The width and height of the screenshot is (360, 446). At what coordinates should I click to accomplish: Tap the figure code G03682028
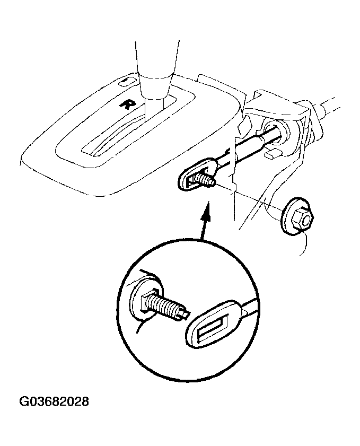(x=54, y=401)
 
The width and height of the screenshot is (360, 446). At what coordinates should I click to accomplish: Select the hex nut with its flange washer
(x=297, y=217)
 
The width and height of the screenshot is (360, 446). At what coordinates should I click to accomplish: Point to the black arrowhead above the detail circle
(x=206, y=208)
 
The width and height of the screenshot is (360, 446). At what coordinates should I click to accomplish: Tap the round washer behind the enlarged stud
(x=146, y=302)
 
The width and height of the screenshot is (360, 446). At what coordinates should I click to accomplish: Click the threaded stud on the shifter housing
(x=203, y=181)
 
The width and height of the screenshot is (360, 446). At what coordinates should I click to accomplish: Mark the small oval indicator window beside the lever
(x=125, y=81)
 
